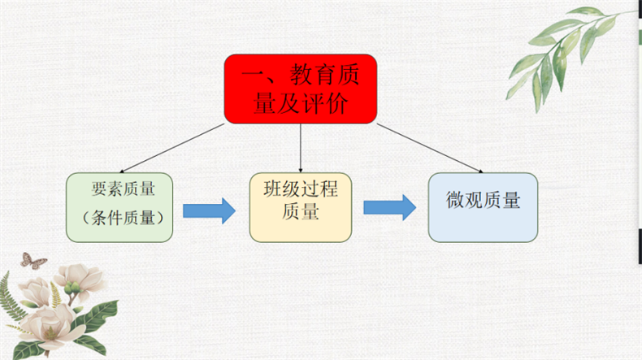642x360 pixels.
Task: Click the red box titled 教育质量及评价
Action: click(301, 89)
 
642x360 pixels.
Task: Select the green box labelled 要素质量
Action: click(119, 207)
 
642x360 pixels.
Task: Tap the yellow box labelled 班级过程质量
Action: click(301, 206)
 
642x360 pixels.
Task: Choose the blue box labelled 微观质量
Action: click(483, 206)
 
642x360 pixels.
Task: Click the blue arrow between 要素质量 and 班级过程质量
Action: click(208, 210)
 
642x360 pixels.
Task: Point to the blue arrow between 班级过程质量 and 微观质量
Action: click(389, 207)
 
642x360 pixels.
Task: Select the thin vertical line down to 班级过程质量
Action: click(301, 148)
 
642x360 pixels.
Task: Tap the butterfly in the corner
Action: click(33, 260)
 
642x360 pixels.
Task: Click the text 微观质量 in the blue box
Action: click(484, 200)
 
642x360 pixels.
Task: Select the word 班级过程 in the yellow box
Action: click(301, 190)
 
